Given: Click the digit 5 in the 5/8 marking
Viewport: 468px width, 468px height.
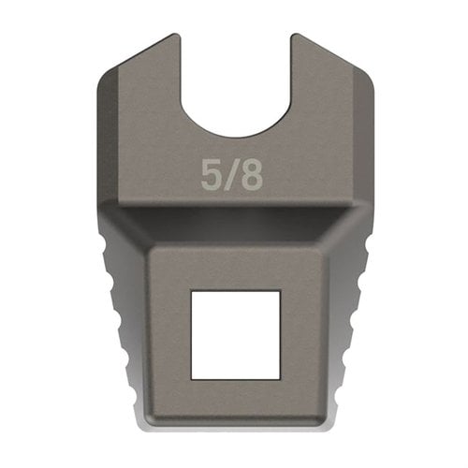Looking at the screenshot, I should (x=212, y=174).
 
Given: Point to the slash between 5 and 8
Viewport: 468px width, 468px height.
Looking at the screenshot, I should (x=231, y=174).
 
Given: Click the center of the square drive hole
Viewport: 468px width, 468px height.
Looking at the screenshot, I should (x=235, y=334).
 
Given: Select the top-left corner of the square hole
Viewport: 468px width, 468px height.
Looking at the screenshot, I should (x=192, y=291).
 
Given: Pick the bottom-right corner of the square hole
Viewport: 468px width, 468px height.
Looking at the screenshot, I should (x=279, y=378).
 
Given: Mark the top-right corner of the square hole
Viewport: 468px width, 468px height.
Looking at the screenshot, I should (x=279, y=291).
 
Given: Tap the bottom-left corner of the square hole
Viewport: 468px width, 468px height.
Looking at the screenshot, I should (x=192, y=378).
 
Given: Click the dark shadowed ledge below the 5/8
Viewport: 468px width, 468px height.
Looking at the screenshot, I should (x=234, y=225).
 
